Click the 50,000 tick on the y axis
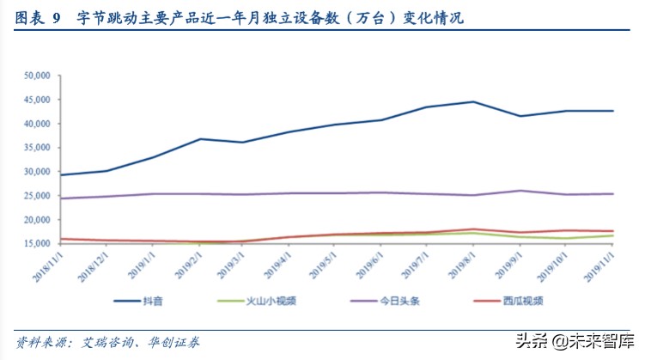coord(35,76)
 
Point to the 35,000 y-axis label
coord(35,148)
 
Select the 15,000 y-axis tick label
coord(35,244)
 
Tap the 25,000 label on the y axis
coord(35,196)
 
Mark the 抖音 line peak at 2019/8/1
coord(473,102)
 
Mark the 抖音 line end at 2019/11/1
coord(612,111)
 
